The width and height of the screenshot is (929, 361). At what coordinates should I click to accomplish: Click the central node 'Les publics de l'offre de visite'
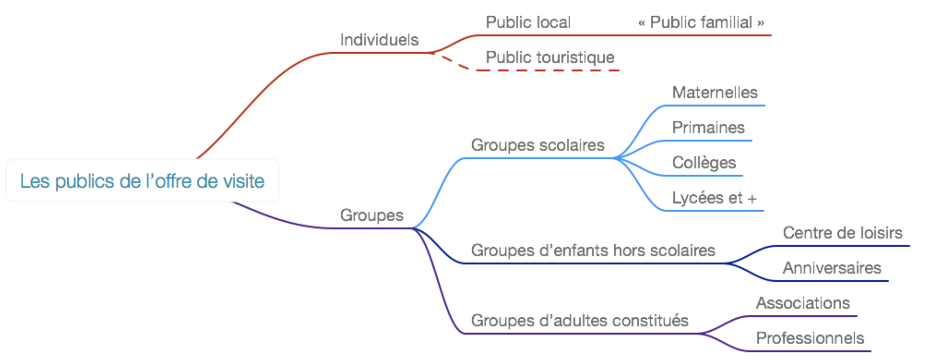coord(142,181)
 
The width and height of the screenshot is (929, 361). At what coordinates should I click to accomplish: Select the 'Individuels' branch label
coord(379,40)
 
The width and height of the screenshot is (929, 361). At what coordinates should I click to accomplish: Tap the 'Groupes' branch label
coord(372,215)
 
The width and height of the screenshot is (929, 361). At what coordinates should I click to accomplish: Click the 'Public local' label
coord(528,23)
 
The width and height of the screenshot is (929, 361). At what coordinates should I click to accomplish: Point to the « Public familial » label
coord(701,23)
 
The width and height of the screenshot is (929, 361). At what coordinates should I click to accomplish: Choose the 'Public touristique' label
coord(550,58)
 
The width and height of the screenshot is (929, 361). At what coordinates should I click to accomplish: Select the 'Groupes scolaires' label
coord(538,145)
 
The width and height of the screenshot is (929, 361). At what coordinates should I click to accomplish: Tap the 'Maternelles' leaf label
coord(715,92)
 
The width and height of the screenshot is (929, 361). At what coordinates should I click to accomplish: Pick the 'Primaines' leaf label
coord(708,128)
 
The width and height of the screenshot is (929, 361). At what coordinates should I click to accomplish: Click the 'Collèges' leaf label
coord(704,163)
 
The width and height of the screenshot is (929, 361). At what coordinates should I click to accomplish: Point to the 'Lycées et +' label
coord(714,198)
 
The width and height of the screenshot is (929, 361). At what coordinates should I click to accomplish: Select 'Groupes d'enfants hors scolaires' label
coord(593,251)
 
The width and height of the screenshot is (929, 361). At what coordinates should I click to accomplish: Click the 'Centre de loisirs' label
coord(842,233)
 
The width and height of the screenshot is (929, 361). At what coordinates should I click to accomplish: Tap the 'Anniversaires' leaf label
coord(832,268)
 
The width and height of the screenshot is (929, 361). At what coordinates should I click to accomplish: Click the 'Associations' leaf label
coord(803,303)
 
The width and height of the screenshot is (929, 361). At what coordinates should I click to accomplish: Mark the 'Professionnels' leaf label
coord(810,338)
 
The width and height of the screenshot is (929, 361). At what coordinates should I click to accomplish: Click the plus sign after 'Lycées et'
coord(752,199)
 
